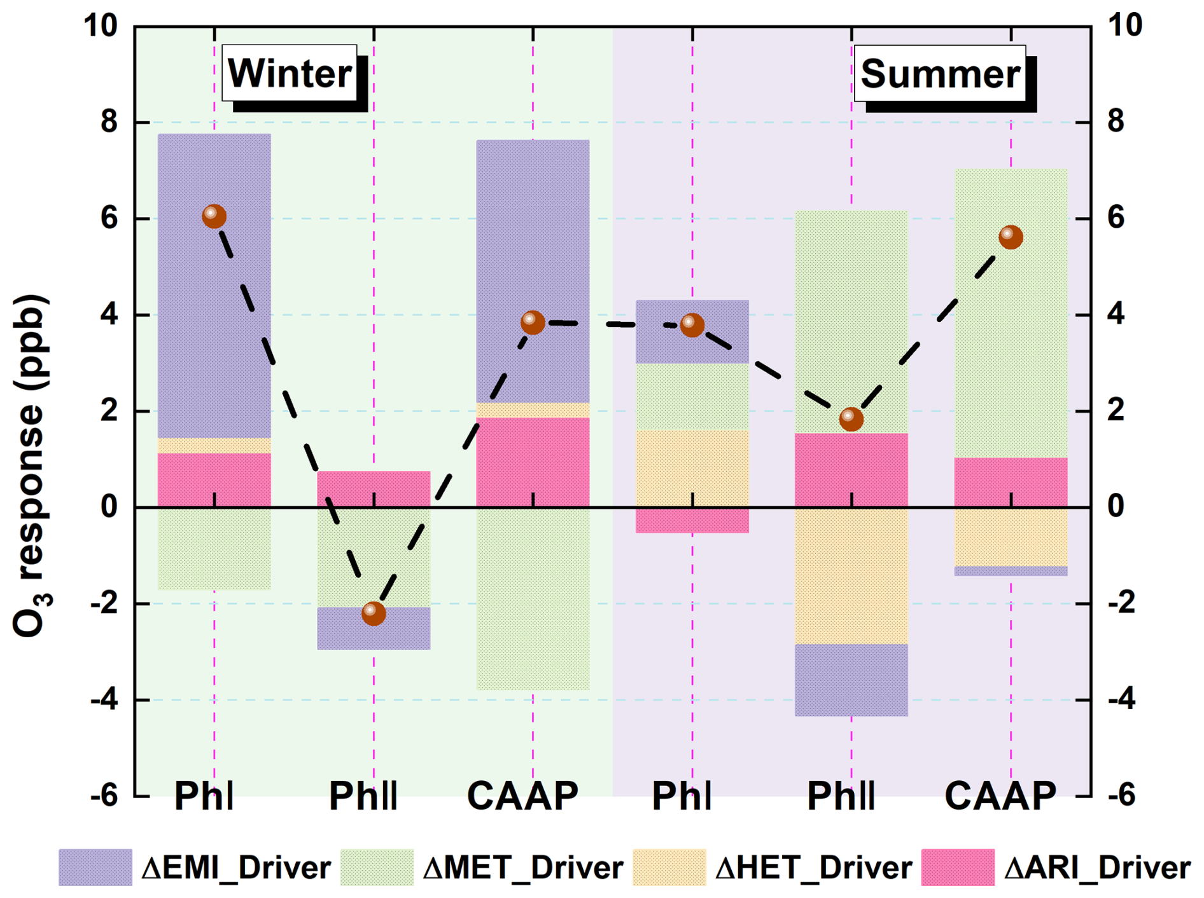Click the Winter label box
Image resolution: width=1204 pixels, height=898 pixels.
pos(290,73)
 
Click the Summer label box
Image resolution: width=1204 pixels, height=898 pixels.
pos(940,74)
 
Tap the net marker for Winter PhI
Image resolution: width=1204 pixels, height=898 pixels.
pos(214,216)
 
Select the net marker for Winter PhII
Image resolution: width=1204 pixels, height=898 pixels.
pos(374,613)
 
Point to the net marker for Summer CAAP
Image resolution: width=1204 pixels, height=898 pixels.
pos(1011,237)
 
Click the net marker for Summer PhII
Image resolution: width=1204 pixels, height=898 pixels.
pos(851,419)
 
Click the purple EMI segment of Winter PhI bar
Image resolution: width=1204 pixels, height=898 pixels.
pos(214,286)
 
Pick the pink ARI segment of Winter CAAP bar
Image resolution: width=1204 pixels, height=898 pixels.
pos(533,462)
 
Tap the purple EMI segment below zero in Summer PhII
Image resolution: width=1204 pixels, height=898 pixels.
pos(851,680)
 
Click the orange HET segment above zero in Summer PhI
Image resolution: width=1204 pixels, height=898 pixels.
pos(692,469)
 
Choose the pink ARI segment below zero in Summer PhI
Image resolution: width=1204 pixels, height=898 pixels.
pos(692,520)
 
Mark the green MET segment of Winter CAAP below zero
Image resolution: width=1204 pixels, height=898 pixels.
pos(533,598)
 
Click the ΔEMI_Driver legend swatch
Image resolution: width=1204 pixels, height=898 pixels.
pos(95,867)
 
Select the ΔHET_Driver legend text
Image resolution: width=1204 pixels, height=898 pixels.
pos(814,867)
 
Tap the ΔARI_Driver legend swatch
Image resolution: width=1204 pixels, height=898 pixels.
pos(958,867)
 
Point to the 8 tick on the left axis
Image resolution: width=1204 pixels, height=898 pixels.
pos(109,121)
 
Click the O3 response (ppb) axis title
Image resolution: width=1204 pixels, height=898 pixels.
pos(31,466)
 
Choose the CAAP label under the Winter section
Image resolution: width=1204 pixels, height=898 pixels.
pos(522,796)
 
